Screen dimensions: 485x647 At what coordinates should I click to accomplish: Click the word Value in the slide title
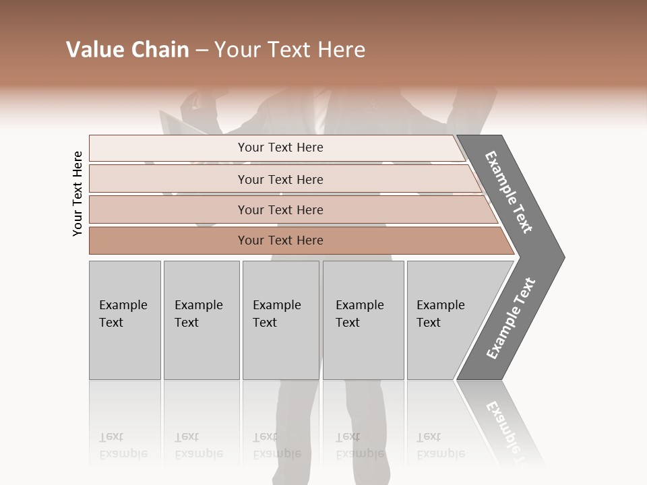(93, 50)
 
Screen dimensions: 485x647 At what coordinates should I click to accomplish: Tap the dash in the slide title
(202, 51)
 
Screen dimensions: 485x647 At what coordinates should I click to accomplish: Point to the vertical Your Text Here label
(78, 193)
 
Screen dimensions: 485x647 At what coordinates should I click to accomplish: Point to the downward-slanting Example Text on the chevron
(509, 193)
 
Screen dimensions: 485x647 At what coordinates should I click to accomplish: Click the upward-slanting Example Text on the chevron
(511, 319)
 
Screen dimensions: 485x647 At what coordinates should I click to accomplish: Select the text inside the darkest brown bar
(280, 240)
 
